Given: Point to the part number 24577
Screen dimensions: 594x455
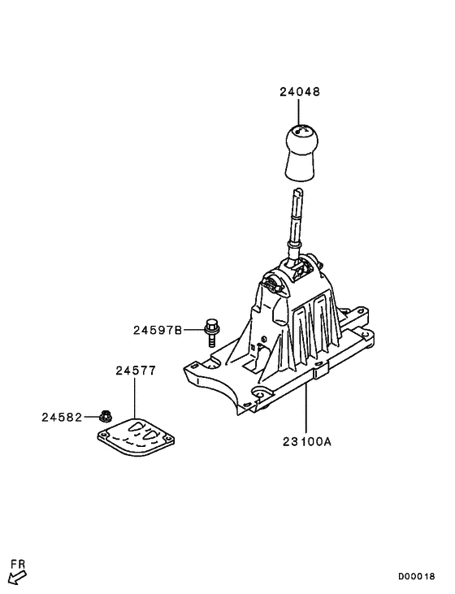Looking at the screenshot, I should (x=135, y=370).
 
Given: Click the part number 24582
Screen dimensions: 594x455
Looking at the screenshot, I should (x=62, y=417).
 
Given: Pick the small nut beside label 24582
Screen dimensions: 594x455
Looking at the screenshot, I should (x=105, y=416).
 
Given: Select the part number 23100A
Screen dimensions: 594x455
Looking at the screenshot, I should (x=306, y=443).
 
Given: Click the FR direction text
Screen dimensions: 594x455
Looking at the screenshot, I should (x=17, y=563).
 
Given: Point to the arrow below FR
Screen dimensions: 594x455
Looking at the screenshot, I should (x=15, y=578).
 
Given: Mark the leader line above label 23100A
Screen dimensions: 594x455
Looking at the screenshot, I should (x=306, y=410).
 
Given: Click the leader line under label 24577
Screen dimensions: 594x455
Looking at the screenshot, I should (x=135, y=398).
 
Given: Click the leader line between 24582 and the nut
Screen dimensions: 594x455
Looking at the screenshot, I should (x=90, y=417).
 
